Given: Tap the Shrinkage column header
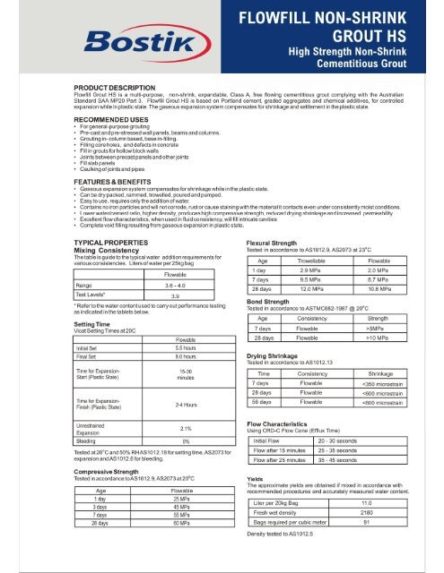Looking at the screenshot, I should click(390, 372).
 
